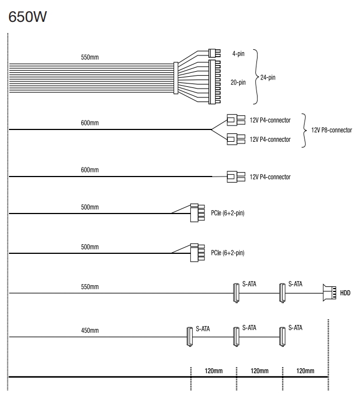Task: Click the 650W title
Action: pos(27,17)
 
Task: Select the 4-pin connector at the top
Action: pos(214,53)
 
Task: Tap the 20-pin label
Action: pos(238,82)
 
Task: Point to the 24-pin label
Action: pos(268,77)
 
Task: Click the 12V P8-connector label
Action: pos(331,130)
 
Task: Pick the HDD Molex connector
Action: pos(330,293)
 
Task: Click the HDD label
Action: pos(345,293)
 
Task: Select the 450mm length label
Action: pos(90,331)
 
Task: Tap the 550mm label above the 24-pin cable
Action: pos(90,57)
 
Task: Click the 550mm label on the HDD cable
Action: pos(90,287)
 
